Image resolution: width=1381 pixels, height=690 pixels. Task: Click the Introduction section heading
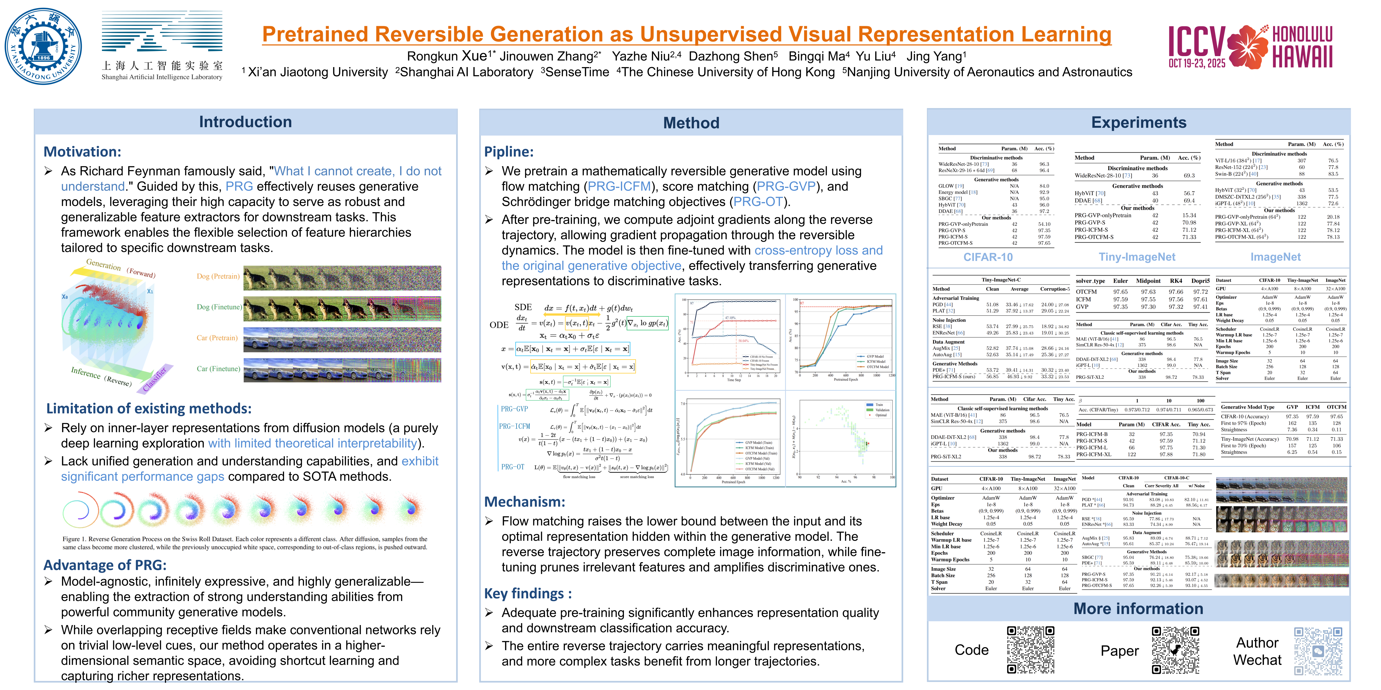click(x=245, y=122)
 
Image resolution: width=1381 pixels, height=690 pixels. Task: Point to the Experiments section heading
click(x=1139, y=123)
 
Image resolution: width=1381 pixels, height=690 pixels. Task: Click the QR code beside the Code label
click(x=1030, y=650)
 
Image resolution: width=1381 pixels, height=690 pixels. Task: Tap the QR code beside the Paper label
click(x=1175, y=650)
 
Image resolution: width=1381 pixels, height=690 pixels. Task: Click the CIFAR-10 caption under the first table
click(x=988, y=257)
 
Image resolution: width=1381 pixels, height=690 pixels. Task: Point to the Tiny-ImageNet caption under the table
click(x=1137, y=257)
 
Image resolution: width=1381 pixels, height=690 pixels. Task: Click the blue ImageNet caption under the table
click(x=1275, y=257)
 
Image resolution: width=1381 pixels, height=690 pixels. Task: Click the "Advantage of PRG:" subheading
click(x=105, y=565)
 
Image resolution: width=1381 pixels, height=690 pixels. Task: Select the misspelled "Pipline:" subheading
click(x=509, y=151)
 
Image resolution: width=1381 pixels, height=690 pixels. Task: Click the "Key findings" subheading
click(x=528, y=594)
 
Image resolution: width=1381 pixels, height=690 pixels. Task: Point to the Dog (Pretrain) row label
click(x=218, y=277)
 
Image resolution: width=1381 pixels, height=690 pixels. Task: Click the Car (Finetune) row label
click(x=218, y=368)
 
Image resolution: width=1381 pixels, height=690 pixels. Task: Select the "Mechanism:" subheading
click(x=524, y=502)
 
